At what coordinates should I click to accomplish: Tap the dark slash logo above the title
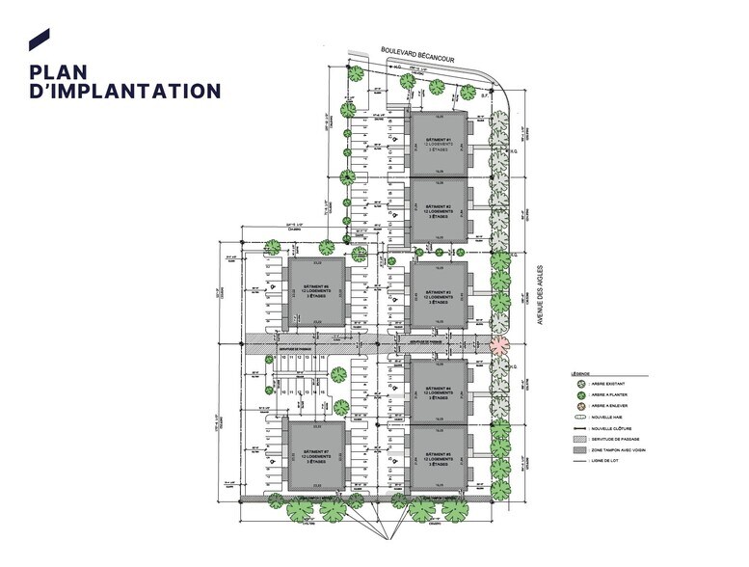pos(39,39)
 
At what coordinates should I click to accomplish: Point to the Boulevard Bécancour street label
pos(422,61)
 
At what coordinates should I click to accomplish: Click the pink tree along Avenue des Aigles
pos(498,344)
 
